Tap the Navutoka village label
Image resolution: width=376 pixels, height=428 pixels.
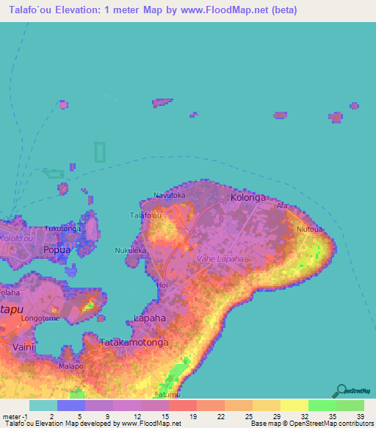pyautogui.click(x=169, y=195)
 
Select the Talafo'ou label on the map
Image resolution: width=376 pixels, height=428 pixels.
pyautogui.click(x=145, y=215)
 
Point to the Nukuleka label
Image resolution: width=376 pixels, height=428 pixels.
pyautogui.click(x=131, y=250)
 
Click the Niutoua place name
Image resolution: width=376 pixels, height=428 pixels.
pyautogui.click(x=310, y=229)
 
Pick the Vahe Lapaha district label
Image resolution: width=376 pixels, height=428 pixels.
pyautogui.click(x=220, y=260)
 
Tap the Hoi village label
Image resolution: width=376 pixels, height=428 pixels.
pyautogui.click(x=162, y=284)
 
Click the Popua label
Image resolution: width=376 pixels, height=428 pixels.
pyautogui.click(x=57, y=249)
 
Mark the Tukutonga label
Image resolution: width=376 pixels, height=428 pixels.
pyautogui.click(x=62, y=229)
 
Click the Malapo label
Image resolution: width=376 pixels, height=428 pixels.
pyautogui.click(x=71, y=365)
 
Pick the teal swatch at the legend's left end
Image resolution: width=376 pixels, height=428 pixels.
pyautogui.click(x=43, y=405)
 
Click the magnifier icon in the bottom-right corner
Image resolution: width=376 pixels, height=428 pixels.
pyautogui.click(x=339, y=390)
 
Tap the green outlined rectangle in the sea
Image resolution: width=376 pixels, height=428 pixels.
pyautogui.click(x=99, y=152)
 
